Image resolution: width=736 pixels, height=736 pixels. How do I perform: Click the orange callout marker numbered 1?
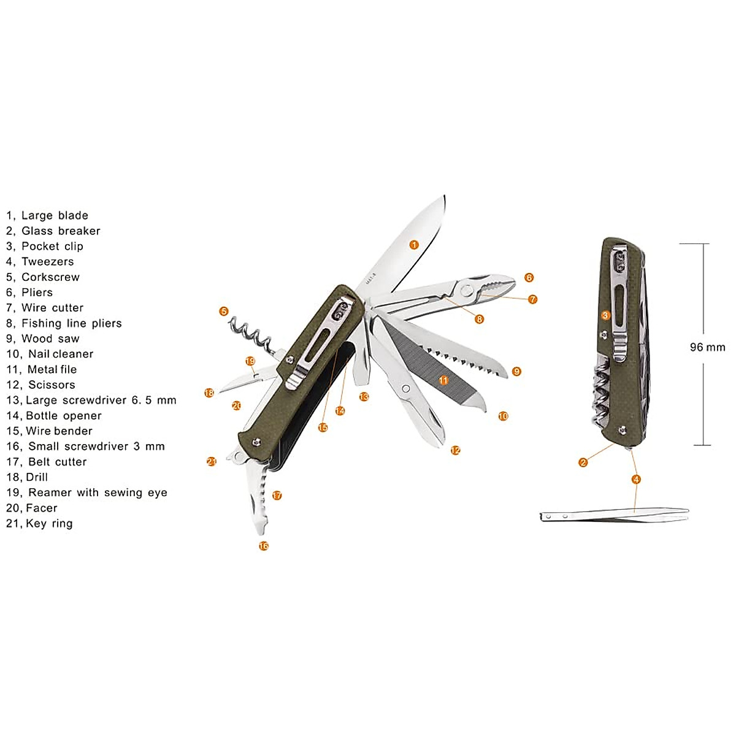pyautogui.click(x=414, y=245)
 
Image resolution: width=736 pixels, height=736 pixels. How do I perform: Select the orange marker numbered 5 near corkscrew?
pyautogui.click(x=224, y=312)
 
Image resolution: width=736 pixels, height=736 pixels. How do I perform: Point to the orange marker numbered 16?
pyautogui.click(x=264, y=546)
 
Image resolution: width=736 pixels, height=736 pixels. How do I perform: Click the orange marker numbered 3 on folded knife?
pyautogui.click(x=605, y=315)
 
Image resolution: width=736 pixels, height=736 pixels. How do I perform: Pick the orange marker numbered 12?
pyautogui.click(x=455, y=450)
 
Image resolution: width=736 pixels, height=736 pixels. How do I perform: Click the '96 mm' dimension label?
pyautogui.click(x=707, y=347)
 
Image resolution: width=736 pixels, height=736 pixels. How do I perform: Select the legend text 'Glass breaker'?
pyautogui.click(x=60, y=231)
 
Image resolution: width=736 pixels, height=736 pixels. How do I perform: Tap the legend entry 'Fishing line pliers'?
pyautogui.click(x=71, y=323)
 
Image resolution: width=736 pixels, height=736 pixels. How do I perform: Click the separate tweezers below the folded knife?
pyautogui.click(x=613, y=515)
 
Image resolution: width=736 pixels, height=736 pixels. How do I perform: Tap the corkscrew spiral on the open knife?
pyautogui.click(x=251, y=334)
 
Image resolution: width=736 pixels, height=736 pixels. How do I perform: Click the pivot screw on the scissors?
pyautogui.click(x=405, y=388)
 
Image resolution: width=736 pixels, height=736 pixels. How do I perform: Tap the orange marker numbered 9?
pyautogui.click(x=516, y=371)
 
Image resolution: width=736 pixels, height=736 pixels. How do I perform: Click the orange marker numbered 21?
pyautogui.click(x=212, y=461)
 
